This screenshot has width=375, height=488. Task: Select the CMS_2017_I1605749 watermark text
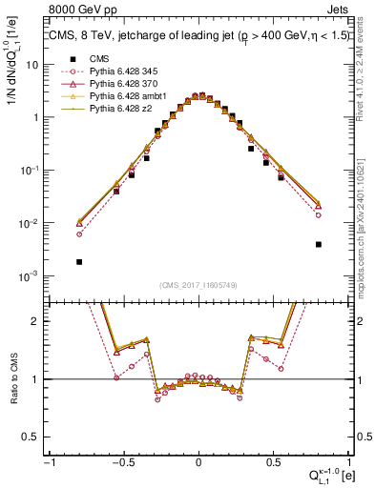198,284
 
